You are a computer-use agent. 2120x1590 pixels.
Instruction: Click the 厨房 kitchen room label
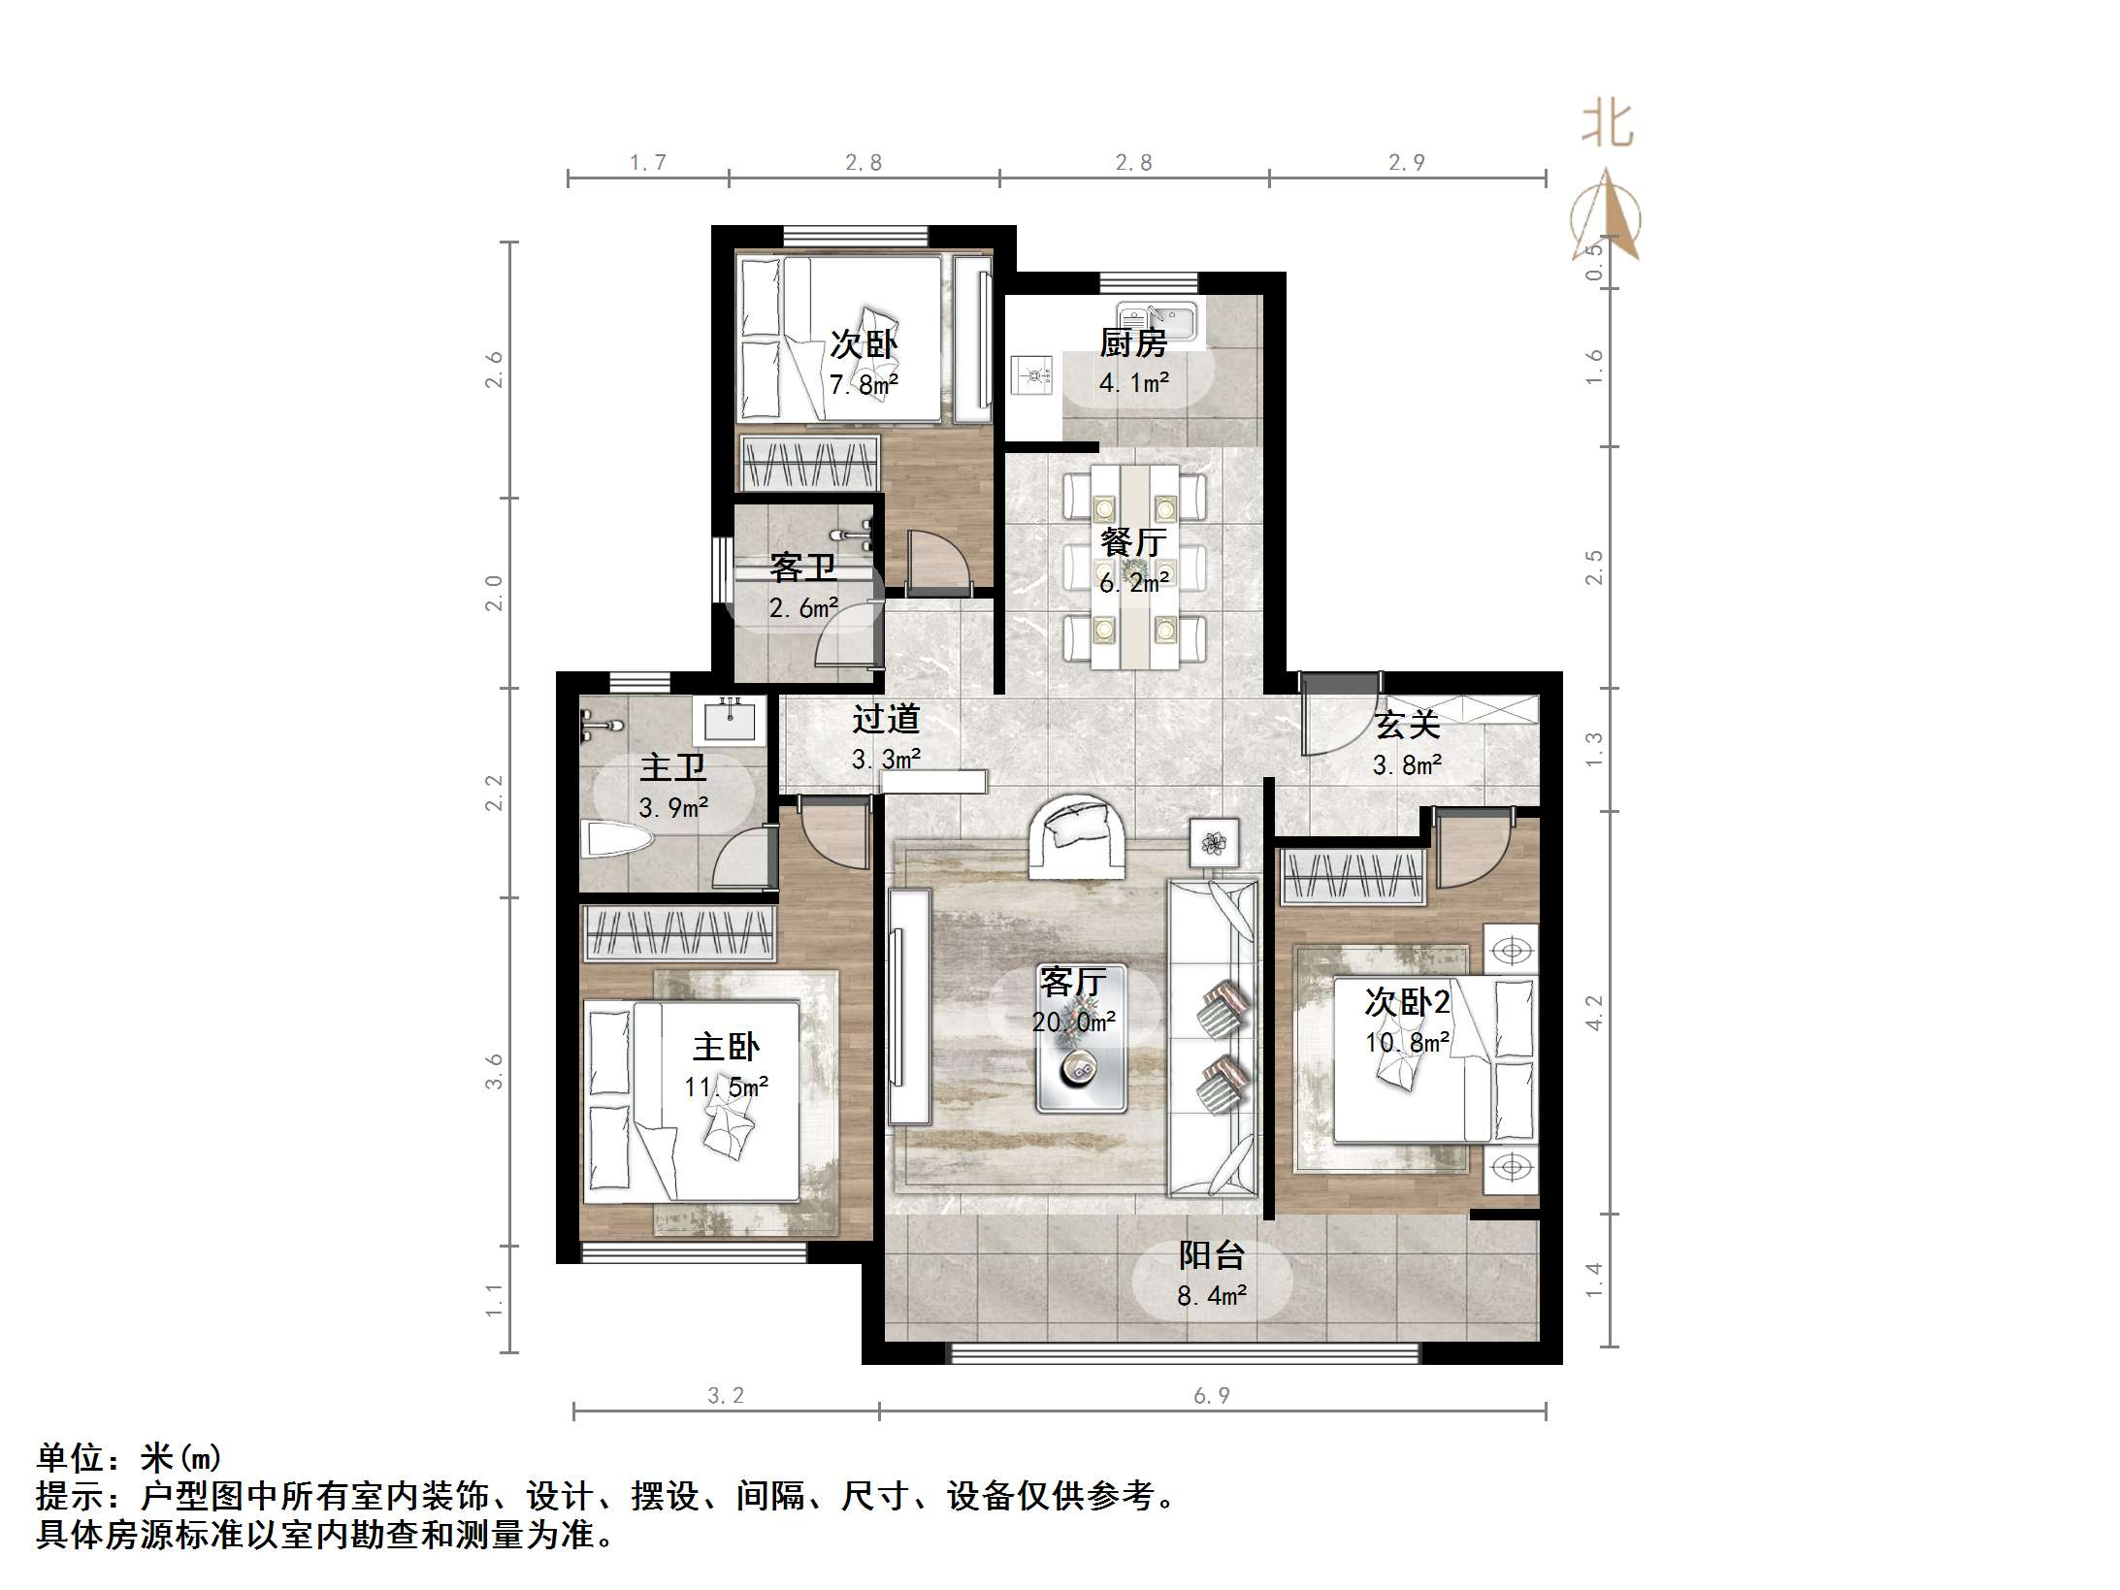point(1132,342)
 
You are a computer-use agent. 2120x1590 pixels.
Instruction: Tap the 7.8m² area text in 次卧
point(863,385)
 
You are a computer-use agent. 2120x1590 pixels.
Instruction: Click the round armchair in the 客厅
point(1077,833)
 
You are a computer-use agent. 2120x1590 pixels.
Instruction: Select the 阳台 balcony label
point(1212,1255)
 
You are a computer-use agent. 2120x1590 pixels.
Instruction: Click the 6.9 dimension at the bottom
point(1211,1395)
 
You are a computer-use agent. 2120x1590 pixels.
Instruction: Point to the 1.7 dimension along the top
point(647,163)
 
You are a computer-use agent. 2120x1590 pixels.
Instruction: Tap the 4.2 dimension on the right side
point(1594,1012)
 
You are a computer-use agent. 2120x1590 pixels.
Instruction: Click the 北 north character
point(1607,125)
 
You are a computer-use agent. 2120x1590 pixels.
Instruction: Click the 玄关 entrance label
point(1406,725)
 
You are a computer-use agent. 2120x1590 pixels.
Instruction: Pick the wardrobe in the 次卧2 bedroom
point(1353,876)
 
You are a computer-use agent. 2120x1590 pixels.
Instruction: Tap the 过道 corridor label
point(885,719)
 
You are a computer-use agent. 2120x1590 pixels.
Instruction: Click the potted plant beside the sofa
point(1214,842)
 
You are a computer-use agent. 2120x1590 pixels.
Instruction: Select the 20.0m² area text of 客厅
point(1073,1022)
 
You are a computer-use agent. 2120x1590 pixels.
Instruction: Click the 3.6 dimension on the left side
point(495,1071)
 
